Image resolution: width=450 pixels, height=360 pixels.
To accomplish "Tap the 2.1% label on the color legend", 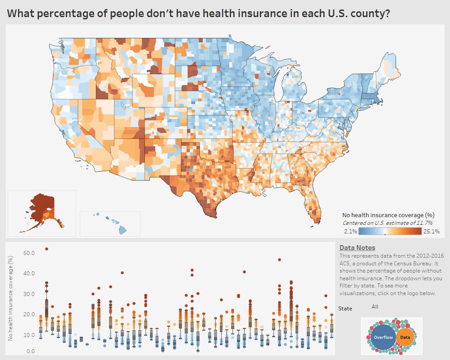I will pyautogui.click(x=351, y=231).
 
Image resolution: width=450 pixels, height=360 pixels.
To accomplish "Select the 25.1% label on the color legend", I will pyautogui.click(x=432, y=231).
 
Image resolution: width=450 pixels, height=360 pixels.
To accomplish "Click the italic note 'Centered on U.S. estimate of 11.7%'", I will pyautogui.click(x=387, y=223).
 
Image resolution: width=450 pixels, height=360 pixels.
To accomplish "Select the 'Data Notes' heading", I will pyautogui.click(x=357, y=248).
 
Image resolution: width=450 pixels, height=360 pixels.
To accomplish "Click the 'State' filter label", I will pyautogui.click(x=345, y=309).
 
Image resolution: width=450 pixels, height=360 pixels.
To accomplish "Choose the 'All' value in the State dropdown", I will pyautogui.click(x=375, y=307).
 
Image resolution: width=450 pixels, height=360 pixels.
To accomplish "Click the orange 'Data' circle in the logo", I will pyautogui.click(x=405, y=337).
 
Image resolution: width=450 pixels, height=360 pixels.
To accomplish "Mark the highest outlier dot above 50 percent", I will pyautogui.click(x=46, y=249).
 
